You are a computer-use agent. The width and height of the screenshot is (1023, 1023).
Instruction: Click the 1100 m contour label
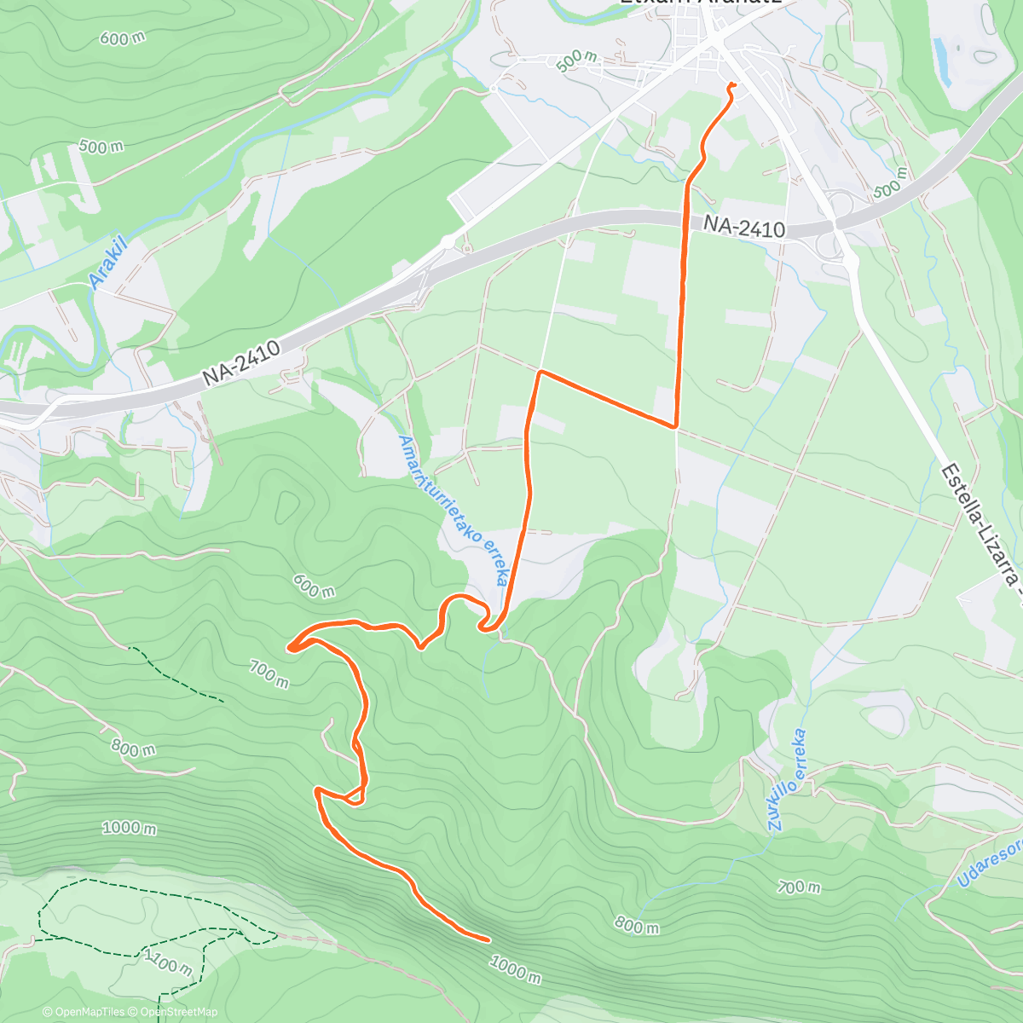(x=169, y=962)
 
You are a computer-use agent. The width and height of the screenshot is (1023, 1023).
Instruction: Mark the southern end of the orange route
(x=488, y=939)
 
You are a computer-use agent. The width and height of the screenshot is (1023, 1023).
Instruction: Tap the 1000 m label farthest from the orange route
(x=129, y=827)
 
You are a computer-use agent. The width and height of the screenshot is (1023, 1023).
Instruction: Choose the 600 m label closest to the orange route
(x=314, y=586)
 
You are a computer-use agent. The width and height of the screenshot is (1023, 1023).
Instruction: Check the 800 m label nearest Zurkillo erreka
(x=637, y=925)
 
